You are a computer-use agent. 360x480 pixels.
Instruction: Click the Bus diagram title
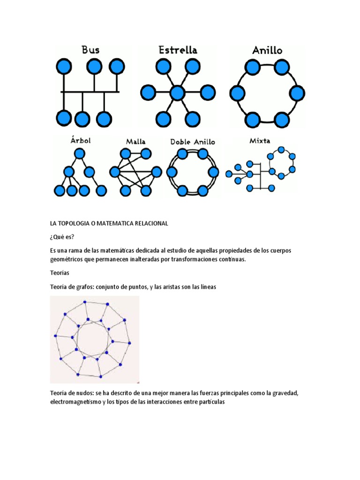pos(90,50)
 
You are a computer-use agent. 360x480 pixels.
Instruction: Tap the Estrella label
pos(178,50)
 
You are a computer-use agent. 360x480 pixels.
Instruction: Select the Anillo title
pos(267,50)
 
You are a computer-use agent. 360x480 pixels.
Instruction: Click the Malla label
pos(135,141)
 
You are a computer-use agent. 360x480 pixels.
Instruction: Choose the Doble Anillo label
pos(192,141)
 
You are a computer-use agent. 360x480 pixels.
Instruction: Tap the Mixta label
pos(260,140)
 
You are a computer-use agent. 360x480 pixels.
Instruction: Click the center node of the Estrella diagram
pos(177,93)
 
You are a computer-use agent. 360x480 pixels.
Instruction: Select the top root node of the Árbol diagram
pos(80,153)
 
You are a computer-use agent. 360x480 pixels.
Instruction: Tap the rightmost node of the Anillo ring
pos(297,93)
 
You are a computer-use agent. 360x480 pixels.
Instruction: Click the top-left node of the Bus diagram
pos(63,66)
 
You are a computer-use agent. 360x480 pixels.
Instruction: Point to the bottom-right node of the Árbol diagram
pos(101,190)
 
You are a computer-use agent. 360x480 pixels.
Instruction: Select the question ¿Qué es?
pos(62,237)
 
